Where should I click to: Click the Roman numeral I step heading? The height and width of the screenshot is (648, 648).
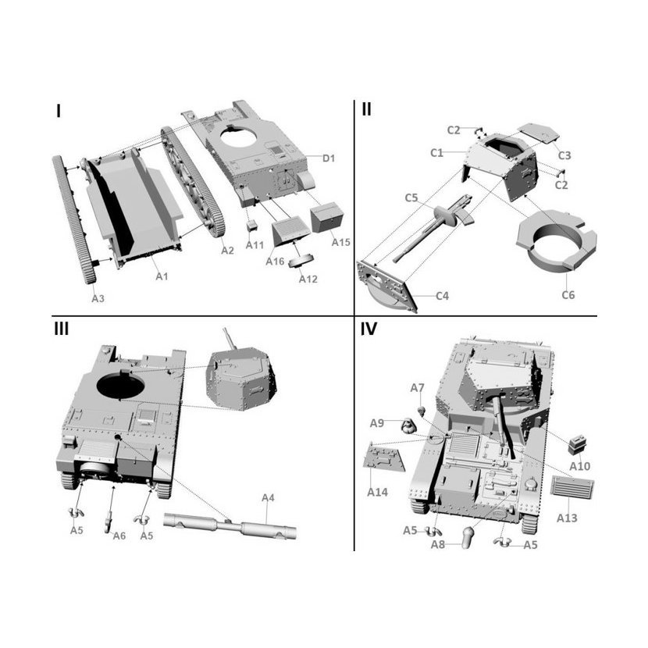pyautogui.click(x=59, y=111)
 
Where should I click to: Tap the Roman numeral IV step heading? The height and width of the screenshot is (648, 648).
pyautogui.click(x=369, y=329)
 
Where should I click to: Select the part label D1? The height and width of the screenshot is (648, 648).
pyautogui.click(x=329, y=158)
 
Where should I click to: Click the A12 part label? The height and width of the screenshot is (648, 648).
pyautogui.click(x=308, y=279)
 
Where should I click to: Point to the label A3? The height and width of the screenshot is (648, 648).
pyautogui.click(x=98, y=298)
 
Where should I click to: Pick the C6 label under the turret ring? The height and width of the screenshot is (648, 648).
pyautogui.click(x=568, y=294)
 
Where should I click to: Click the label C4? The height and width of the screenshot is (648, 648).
pyautogui.click(x=442, y=296)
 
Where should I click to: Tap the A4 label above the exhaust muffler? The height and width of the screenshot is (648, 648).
pyautogui.click(x=268, y=497)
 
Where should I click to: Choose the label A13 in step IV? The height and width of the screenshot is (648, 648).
pyautogui.click(x=567, y=518)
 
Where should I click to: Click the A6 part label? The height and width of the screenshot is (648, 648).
pyautogui.click(x=119, y=536)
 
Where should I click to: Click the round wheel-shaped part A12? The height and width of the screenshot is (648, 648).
pyautogui.click(x=301, y=262)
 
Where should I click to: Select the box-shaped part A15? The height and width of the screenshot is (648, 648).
pyautogui.click(x=327, y=217)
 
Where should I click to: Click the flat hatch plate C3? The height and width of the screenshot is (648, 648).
pyautogui.click(x=539, y=132)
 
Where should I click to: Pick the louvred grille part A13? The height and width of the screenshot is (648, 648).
pyautogui.click(x=573, y=486)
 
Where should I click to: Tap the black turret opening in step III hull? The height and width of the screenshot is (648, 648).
pyautogui.click(x=120, y=384)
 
